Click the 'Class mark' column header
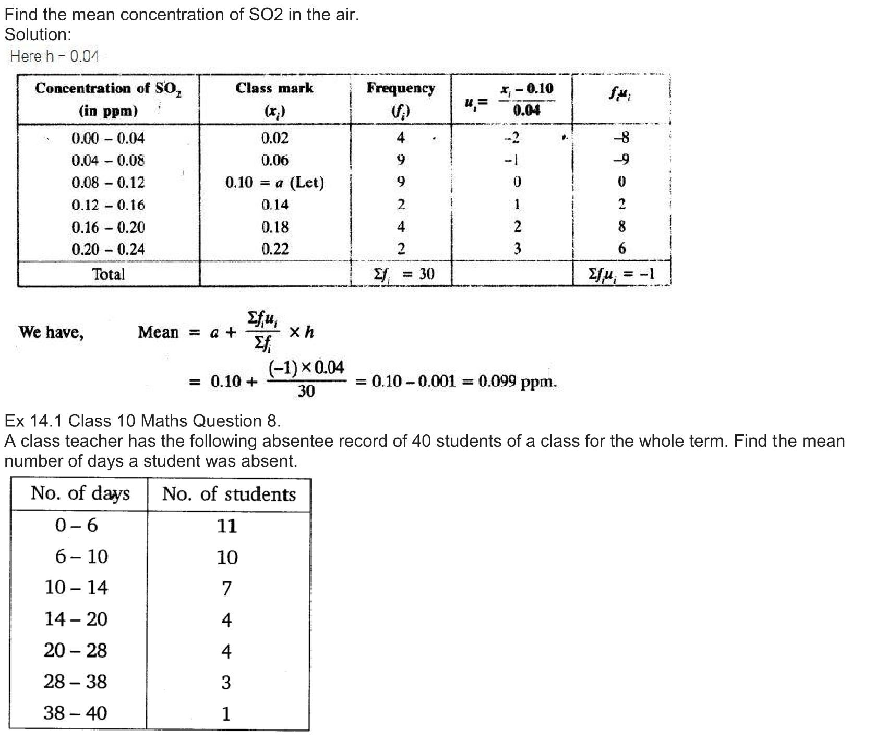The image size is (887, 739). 274,88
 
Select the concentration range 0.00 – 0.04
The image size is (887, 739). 108,138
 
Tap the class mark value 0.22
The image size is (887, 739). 274,249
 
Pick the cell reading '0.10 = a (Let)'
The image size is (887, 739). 274,183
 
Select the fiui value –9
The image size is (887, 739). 621,160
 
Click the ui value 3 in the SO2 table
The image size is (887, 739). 517,249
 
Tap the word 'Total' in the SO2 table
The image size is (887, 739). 109,275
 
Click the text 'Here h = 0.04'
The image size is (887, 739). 54,56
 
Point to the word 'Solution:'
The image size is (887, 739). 38,35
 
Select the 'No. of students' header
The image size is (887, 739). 229,494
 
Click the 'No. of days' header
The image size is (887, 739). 80,494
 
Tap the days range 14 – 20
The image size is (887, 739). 76,619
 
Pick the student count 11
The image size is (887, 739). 226,526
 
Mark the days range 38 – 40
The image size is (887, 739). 76,713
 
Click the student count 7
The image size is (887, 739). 226,589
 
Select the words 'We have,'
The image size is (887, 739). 51,332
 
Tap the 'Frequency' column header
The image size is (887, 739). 401,88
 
